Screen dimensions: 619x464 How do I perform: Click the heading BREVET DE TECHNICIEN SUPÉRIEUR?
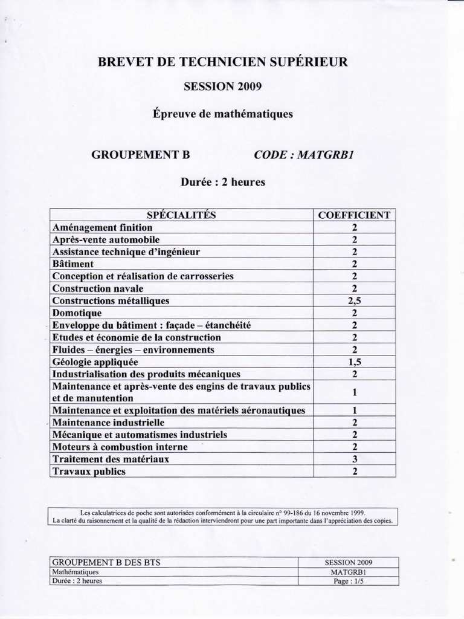click(x=222, y=62)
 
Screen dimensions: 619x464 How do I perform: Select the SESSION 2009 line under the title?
click(x=222, y=86)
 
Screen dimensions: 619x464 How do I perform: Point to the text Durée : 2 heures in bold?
click(x=222, y=182)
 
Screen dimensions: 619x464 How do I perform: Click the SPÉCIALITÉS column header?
click(x=181, y=215)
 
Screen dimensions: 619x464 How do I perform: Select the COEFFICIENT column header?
click(x=355, y=215)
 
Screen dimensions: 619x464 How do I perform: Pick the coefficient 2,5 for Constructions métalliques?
click(x=355, y=300)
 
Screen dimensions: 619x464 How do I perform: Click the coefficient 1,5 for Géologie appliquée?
click(x=355, y=362)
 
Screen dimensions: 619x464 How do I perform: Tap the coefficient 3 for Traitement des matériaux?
click(x=355, y=459)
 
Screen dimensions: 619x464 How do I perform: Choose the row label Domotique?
click(x=77, y=313)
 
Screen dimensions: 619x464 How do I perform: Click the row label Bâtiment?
click(x=73, y=264)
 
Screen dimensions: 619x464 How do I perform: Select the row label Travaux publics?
click(x=89, y=472)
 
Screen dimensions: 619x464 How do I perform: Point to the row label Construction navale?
click(x=98, y=288)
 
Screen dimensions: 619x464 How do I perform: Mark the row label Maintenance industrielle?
click(x=108, y=423)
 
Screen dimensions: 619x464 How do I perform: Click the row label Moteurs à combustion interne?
click(x=120, y=447)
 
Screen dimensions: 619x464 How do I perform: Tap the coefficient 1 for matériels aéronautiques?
click(x=355, y=410)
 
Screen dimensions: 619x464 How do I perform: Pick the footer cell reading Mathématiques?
click(x=76, y=572)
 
